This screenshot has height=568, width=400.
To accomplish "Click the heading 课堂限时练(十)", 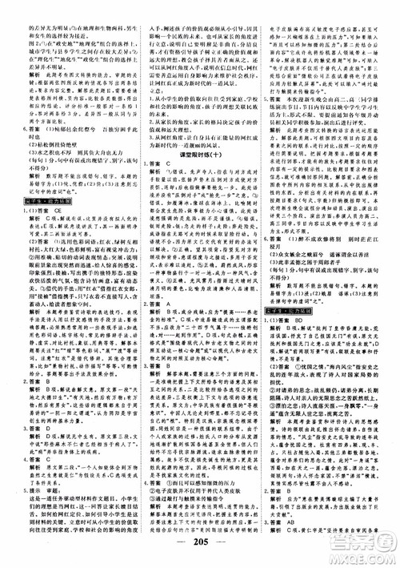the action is tap(199, 160).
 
